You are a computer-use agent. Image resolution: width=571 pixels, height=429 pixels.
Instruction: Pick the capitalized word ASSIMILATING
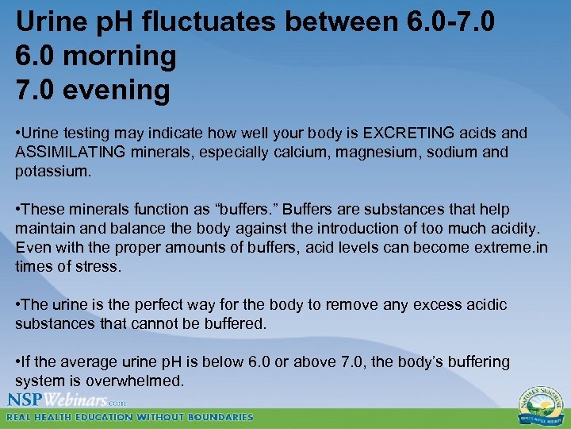[65, 152]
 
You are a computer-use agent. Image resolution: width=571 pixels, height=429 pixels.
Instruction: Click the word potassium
[49, 171]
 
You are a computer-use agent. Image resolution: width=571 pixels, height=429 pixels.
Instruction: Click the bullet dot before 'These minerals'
[18, 209]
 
